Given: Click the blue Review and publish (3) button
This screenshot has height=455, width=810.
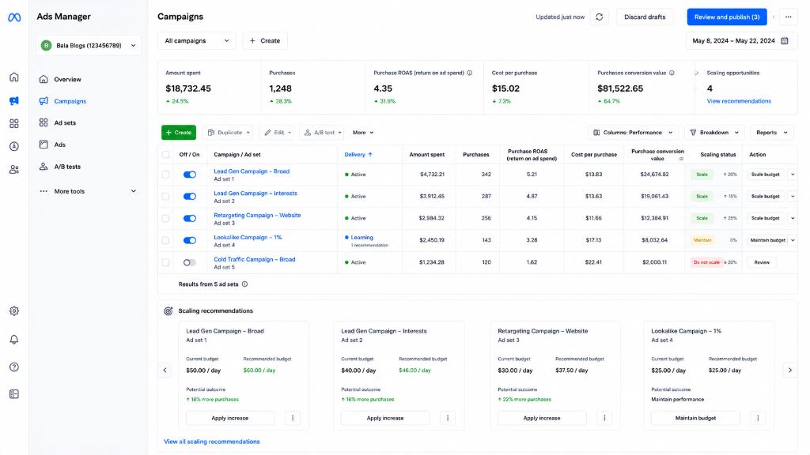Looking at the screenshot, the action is coord(726,17).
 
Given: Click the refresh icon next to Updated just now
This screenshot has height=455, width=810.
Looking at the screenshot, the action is coord(600,17).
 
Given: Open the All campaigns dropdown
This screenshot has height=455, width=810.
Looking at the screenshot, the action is coord(196,41).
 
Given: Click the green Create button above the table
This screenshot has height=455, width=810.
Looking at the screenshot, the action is coord(179,133).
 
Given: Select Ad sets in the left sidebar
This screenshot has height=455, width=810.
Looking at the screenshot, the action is coord(65,122).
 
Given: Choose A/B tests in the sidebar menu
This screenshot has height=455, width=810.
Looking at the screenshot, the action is coord(67,167).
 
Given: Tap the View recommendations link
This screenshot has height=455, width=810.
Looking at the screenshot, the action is coord(739,101).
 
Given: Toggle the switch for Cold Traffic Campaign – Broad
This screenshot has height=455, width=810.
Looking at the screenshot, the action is coord(190,262).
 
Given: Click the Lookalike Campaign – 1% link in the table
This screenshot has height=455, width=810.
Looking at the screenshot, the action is coord(248,237).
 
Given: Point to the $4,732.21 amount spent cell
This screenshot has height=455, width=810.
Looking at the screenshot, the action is coord(432,175).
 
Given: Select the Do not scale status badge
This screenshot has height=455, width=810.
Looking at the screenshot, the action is coord(706,262).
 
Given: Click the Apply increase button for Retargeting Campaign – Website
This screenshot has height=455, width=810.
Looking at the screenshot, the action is coord(541,418).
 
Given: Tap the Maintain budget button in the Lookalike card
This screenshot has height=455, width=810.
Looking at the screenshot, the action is coord(695,418).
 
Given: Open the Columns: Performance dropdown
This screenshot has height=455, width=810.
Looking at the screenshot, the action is coord(633,133).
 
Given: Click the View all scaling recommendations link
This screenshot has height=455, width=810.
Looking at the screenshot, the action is coord(212,442).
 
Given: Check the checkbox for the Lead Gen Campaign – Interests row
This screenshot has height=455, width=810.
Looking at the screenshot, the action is coord(165,197).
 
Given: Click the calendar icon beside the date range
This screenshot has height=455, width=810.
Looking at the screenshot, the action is coord(784,41).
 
